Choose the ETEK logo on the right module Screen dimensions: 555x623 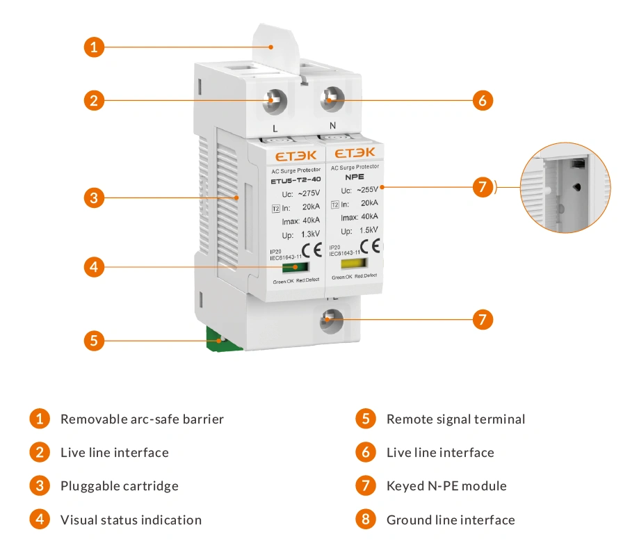coord(355,152)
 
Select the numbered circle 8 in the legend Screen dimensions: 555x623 coord(365,520)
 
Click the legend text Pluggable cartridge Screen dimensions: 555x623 coord(119,486)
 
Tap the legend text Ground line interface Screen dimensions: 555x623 coord(451,520)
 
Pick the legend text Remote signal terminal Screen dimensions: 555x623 coord(455,419)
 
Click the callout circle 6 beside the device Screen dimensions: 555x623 coord(483,100)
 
